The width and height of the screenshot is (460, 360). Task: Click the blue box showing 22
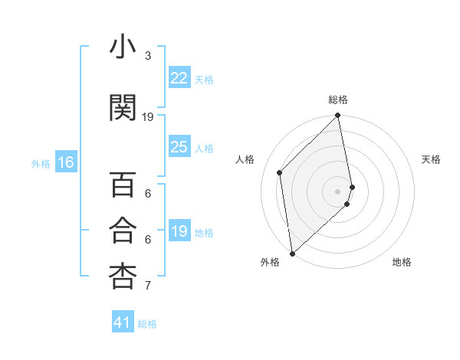179,78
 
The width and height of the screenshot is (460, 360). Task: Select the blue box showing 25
179,147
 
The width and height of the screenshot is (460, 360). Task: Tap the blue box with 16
66,162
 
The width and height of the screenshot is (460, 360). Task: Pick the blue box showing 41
123,322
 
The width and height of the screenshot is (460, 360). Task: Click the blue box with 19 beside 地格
179,232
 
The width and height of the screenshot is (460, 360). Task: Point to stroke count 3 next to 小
148,56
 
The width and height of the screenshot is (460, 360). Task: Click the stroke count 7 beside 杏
148,286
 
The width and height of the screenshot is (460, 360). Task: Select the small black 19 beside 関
148,117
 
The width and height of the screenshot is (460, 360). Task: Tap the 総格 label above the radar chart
338,100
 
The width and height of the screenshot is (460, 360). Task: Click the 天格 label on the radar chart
432,159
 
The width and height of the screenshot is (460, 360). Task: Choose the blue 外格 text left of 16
40,163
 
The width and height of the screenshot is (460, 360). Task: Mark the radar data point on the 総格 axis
338,116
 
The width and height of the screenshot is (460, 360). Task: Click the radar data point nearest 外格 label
291,253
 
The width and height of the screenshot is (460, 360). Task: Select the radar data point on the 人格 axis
280,172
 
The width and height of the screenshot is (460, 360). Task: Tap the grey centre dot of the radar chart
337,191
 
